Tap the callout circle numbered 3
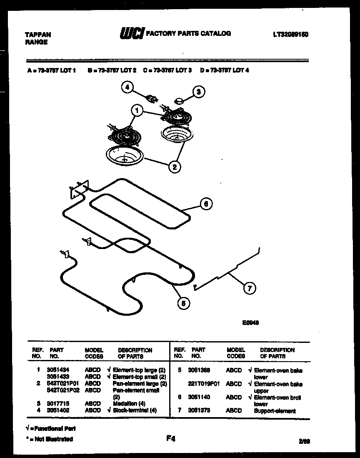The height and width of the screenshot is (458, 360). pyautogui.click(x=199, y=91)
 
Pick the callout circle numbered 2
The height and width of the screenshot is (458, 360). pyautogui.click(x=174, y=167)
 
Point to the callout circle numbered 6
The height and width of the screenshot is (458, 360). pyautogui.click(x=206, y=204)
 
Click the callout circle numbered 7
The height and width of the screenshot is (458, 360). pyautogui.click(x=250, y=288)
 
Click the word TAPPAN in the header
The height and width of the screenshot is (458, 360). pyautogui.click(x=38, y=35)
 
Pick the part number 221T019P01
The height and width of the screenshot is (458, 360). pyautogui.click(x=204, y=384)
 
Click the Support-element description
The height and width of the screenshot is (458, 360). pyautogui.click(x=275, y=411)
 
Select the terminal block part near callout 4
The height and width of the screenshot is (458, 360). pyautogui.click(x=152, y=99)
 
